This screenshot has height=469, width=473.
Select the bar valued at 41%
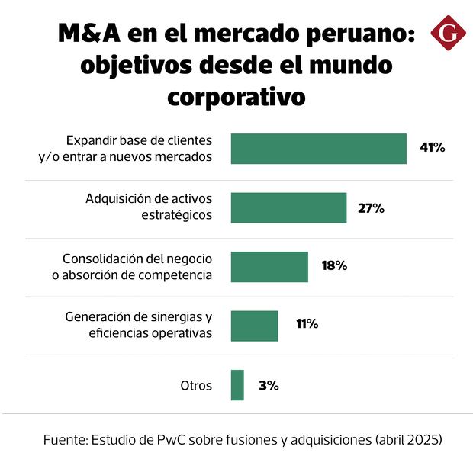318,149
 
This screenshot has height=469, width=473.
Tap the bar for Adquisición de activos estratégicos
288,207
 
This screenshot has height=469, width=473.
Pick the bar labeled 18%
269,267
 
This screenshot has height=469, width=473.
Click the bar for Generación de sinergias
254,326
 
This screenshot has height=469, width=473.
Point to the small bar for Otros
237,385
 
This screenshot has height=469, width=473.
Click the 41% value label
432,148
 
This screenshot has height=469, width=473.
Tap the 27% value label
372,207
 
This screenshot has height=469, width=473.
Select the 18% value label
334,266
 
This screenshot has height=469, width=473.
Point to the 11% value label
307,324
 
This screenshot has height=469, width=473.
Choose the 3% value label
269,385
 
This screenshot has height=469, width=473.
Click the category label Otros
196,385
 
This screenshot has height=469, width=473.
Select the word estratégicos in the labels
176,215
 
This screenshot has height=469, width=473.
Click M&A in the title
88,36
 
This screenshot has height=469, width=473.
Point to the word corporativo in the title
236,98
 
